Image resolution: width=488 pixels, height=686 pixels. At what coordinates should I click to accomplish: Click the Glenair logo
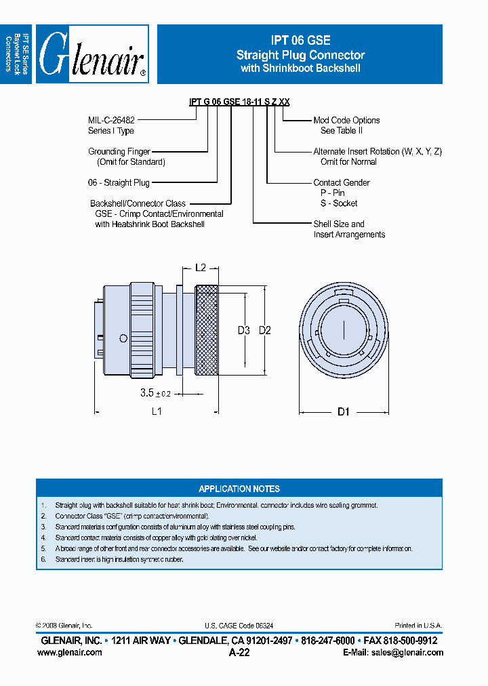(x=92, y=54)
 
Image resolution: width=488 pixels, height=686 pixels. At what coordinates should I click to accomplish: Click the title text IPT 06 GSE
(x=300, y=41)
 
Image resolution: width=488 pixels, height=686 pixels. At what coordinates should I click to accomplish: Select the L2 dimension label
(x=201, y=268)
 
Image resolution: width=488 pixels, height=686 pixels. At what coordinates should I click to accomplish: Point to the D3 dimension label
(x=244, y=330)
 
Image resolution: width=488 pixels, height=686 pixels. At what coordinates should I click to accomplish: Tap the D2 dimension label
(x=265, y=330)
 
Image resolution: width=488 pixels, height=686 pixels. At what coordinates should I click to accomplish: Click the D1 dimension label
(x=343, y=411)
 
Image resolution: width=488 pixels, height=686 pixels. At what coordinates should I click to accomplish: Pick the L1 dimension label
(x=157, y=411)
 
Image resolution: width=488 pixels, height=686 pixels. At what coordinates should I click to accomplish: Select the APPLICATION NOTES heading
(x=239, y=489)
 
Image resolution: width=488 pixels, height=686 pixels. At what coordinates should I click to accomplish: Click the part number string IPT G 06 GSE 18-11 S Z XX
(x=239, y=102)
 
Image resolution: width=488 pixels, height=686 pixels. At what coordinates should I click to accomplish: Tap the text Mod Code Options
(x=346, y=120)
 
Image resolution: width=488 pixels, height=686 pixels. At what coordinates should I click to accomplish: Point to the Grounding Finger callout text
(x=119, y=152)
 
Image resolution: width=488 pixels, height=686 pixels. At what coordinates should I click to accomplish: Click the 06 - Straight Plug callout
(x=119, y=183)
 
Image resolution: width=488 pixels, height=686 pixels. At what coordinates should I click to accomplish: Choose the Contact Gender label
(x=342, y=183)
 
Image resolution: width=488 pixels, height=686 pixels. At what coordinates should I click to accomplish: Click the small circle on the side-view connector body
(x=123, y=338)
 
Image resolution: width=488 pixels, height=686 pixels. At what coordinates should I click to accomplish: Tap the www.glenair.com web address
(x=70, y=652)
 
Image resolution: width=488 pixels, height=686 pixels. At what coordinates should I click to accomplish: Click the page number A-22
(x=239, y=652)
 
